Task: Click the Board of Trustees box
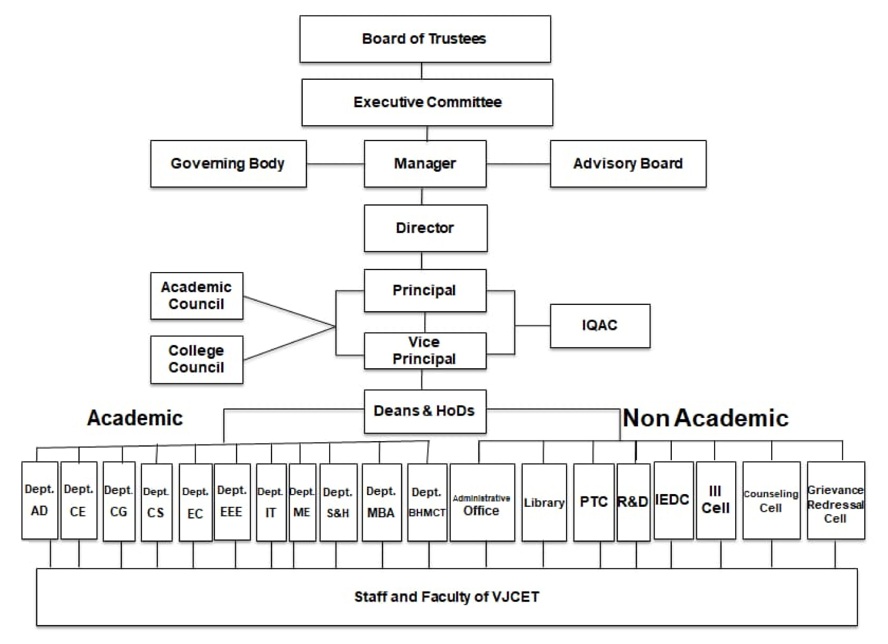[x=425, y=39]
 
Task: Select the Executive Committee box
[x=427, y=103]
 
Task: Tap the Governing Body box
[x=228, y=164]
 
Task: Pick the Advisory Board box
[x=628, y=164]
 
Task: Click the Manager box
[x=425, y=164]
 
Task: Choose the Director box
[x=426, y=228]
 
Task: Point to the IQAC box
[x=600, y=326]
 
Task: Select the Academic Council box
[x=197, y=296]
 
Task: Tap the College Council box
[x=197, y=360]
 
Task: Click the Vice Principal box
[x=425, y=350]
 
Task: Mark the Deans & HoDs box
[x=425, y=411]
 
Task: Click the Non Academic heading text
[x=706, y=418]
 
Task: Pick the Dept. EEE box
[x=232, y=502]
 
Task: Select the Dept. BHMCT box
[x=427, y=502]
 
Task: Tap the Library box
[x=544, y=502]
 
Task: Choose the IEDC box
[x=674, y=500]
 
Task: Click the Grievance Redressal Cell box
[x=836, y=500]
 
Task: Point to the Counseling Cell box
[x=771, y=500]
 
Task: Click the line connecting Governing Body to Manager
[x=335, y=164]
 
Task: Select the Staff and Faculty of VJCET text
[x=447, y=597]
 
